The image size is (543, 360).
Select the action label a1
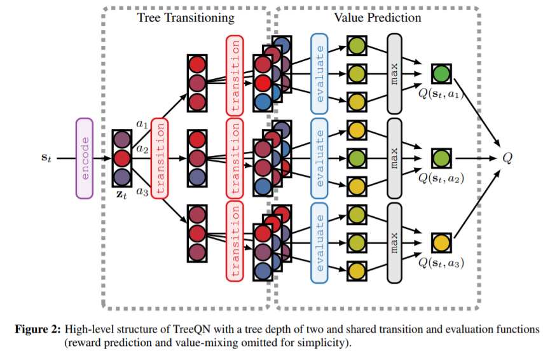142,124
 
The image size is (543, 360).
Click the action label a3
142,191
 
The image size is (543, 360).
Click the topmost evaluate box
319,72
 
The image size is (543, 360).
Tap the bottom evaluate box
319,242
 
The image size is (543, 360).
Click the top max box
395,72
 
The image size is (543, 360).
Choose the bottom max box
395,242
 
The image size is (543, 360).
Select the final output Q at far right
507,157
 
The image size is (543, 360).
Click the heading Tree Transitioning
186,18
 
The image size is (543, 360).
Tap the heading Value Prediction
377,18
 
